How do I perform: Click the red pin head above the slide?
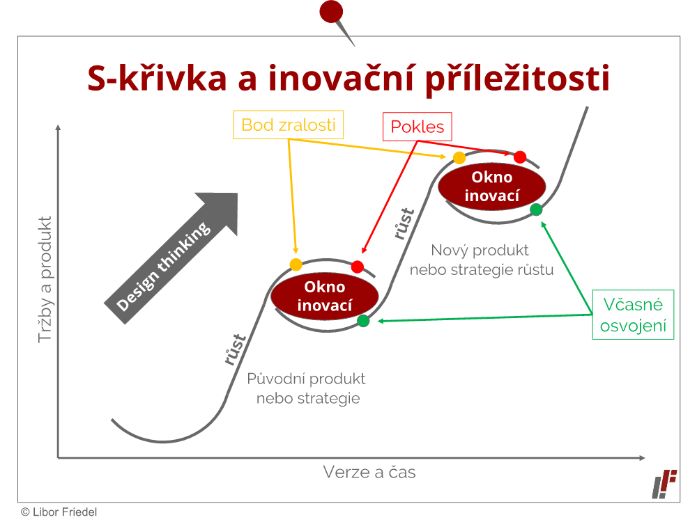[x=331, y=11]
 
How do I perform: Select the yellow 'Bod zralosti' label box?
[x=289, y=125]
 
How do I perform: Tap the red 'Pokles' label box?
[x=418, y=127]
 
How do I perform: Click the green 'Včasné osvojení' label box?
[x=633, y=315]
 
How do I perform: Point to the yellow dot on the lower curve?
[x=296, y=264]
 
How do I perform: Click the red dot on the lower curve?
[x=358, y=267]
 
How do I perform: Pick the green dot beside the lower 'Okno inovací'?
[x=363, y=320]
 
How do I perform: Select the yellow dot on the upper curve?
[x=459, y=157]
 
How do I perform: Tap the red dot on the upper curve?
[x=520, y=157]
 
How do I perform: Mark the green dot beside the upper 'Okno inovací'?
[x=536, y=209]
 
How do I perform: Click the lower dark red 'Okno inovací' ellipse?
[x=325, y=296]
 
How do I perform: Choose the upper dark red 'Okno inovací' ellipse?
[x=491, y=187]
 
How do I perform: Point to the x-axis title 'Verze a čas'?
[x=369, y=473]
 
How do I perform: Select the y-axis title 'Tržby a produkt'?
[x=45, y=280]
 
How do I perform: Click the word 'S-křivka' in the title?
[x=157, y=78]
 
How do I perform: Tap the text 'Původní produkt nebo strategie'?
[x=307, y=388]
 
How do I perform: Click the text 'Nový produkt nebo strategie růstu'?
[x=482, y=260]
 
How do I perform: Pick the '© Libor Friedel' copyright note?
[x=59, y=512]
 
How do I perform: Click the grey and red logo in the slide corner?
[x=664, y=484]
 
